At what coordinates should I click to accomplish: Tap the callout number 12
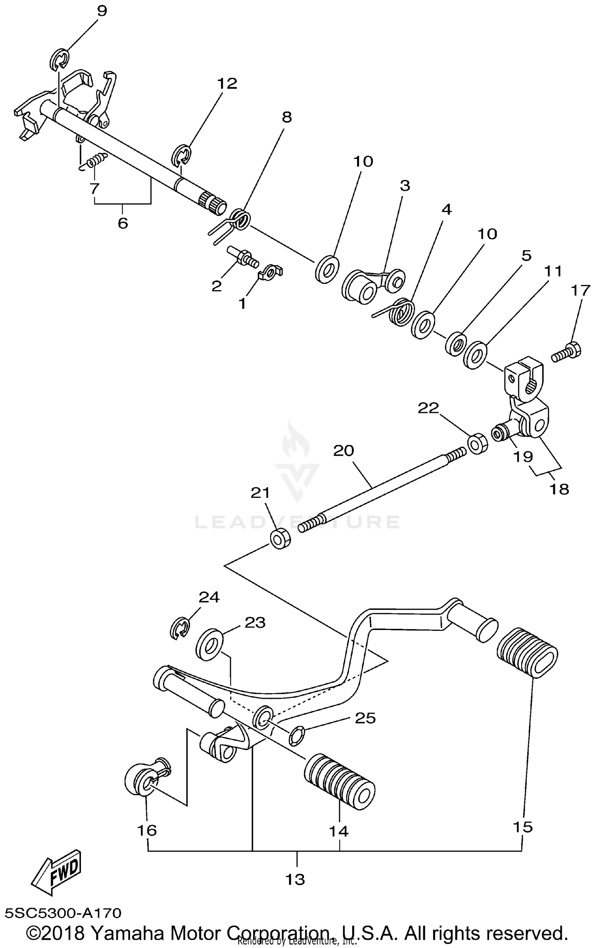click(x=227, y=83)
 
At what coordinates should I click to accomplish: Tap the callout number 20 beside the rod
click(x=344, y=451)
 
